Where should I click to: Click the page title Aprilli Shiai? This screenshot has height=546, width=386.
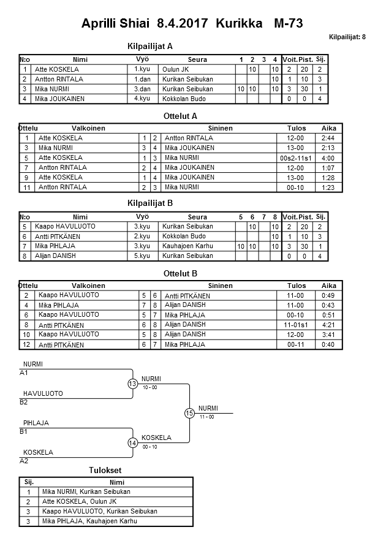[x=116, y=24]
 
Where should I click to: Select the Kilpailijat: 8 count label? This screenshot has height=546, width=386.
[x=347, y=37]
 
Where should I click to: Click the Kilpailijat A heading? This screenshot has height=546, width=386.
[x=150, y=46]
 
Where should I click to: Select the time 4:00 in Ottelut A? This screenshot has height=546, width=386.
[x=328, y=157]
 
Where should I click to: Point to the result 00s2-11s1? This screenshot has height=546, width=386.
[x=296, y=157]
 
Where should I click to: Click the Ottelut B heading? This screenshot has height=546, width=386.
[x=181, y=273]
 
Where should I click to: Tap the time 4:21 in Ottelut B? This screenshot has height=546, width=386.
[x=328, y=324]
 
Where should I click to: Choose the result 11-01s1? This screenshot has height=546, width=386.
[x=296, y=324]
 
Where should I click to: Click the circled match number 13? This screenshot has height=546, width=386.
[x=132, y=384]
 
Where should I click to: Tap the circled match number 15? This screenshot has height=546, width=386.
[x=189, y=413]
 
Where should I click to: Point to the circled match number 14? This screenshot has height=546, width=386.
[x=132, y=442]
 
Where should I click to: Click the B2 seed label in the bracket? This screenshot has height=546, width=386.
[x=24, y=402]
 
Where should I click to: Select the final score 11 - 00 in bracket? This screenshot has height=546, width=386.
[x=206, y=417]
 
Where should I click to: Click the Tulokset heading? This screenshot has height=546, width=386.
[x=105, y=470]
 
